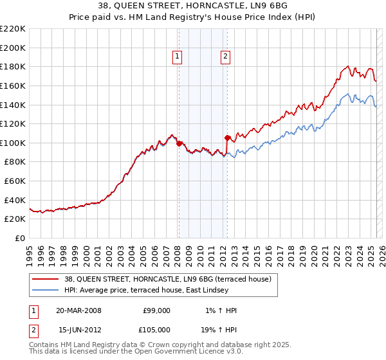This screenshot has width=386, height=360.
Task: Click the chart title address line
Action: (192, 6)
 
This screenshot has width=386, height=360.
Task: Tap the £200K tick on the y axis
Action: (13, 48)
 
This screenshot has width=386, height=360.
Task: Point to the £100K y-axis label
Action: (13, 143)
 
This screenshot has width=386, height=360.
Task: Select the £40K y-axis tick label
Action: (15, 200)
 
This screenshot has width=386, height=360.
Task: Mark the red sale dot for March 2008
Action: (179, 143)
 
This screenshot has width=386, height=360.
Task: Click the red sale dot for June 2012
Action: (227, 138)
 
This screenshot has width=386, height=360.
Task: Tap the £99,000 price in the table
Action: (156, 310)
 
